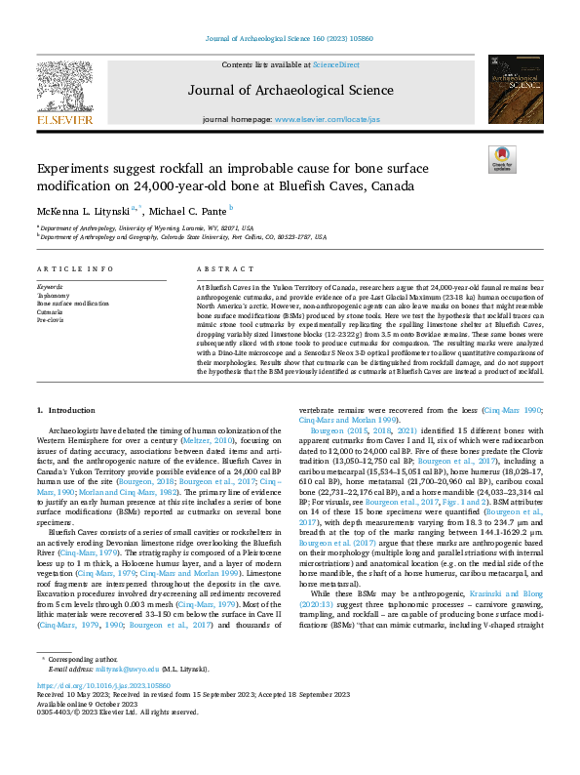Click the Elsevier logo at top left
click(x=67, y=98)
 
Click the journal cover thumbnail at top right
click(x=514, y=91)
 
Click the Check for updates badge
click(x=501, y=159)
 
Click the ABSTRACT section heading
click(x=218, y=268)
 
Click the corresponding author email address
click(x=121, y=698)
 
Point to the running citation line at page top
click(x=290, y=39)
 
